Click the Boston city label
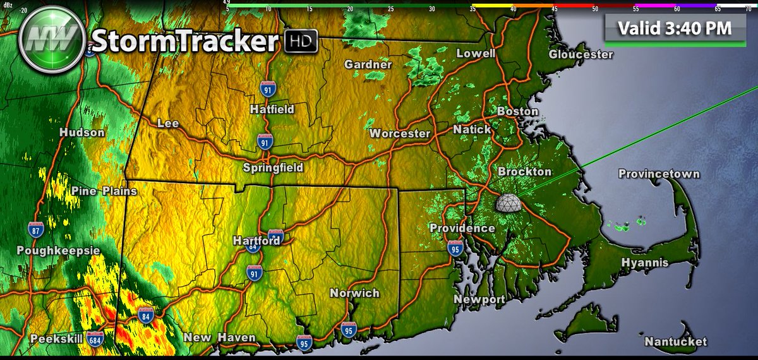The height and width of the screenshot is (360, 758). click(x=518, y=111)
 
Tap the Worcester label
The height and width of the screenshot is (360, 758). click(x=400, y=133)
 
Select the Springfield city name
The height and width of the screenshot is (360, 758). click(x=273, y=167)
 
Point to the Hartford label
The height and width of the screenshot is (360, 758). click(x=256, y=241)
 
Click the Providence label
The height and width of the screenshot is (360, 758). click(x=462, y=228)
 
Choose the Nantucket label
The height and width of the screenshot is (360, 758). click(x=675, y=342)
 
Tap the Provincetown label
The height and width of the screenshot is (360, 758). click(x=659, y=174)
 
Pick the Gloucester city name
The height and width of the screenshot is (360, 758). click(x=581, y=54)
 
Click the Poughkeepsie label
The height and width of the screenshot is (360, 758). click(x=50, y=251)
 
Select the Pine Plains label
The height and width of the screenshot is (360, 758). click(x=104, y=191)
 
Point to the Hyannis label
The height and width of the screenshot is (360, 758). click(x=645, y=262)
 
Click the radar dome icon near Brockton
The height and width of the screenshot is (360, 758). click(x=510, y=203)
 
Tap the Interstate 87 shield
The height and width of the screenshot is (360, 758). click(x=36, y=231)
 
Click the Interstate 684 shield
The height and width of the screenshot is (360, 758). click(x=96, y=339)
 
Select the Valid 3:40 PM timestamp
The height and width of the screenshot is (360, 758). click(x=674, y=28)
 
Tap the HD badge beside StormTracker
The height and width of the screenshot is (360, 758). click(x=300, y=42)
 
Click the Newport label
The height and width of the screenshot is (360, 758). click(x=479, y=299)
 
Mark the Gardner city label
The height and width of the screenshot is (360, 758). click(x=368, y=64)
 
